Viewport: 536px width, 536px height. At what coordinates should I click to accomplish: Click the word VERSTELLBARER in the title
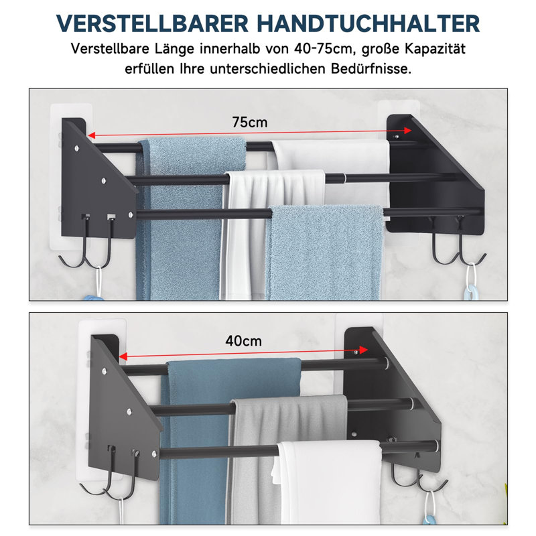tap(152, 23)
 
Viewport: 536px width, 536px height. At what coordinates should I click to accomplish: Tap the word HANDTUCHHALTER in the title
tap(368, 23)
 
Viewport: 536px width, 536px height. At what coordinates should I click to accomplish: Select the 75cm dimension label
tap(250, 122)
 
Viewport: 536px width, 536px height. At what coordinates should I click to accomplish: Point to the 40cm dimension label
tap(243, 341)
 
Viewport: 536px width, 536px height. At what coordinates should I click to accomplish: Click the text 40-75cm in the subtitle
tap(323, 48)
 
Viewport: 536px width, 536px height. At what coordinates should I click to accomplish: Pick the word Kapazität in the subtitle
tap(435, 48)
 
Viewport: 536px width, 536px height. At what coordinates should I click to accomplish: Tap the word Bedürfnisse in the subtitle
tap(371, 69)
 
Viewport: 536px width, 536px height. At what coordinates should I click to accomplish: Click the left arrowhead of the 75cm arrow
tap(92, 135)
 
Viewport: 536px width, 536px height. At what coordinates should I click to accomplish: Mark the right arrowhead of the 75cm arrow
tap(407, 131)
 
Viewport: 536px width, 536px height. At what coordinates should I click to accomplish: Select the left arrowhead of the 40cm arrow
tap(123, 356)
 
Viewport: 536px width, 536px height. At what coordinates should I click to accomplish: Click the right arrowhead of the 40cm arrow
tap(363, 350)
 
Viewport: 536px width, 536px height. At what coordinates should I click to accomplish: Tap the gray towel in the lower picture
tap(287, 455)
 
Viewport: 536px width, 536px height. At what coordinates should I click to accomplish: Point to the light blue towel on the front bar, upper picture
tap(325, 253)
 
